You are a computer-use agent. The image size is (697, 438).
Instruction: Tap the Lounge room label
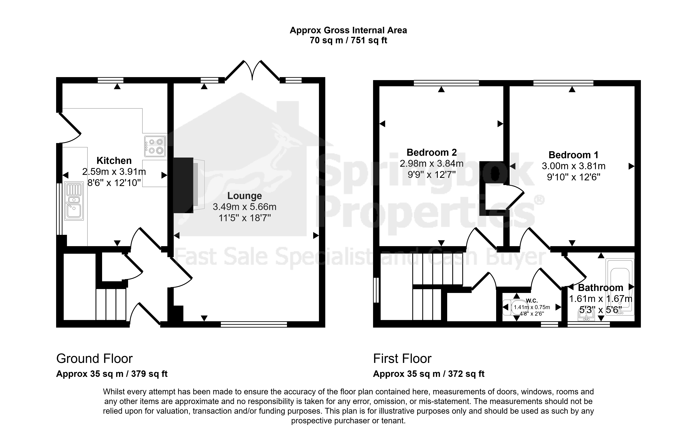(245, 196)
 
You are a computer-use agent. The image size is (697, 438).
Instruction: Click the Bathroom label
(601, 288)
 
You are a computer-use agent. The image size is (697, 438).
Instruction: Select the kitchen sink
(74, 201)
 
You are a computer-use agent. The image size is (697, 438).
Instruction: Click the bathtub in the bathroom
(620, 287)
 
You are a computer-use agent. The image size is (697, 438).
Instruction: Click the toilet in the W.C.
(512, 307)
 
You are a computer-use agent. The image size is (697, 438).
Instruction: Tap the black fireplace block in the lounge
(183, 185)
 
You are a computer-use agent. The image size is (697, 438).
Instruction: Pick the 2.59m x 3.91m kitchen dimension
(114, 172)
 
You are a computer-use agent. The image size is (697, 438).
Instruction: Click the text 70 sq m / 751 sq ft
(348, 40)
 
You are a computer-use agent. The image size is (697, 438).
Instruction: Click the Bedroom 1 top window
(563, 83)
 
